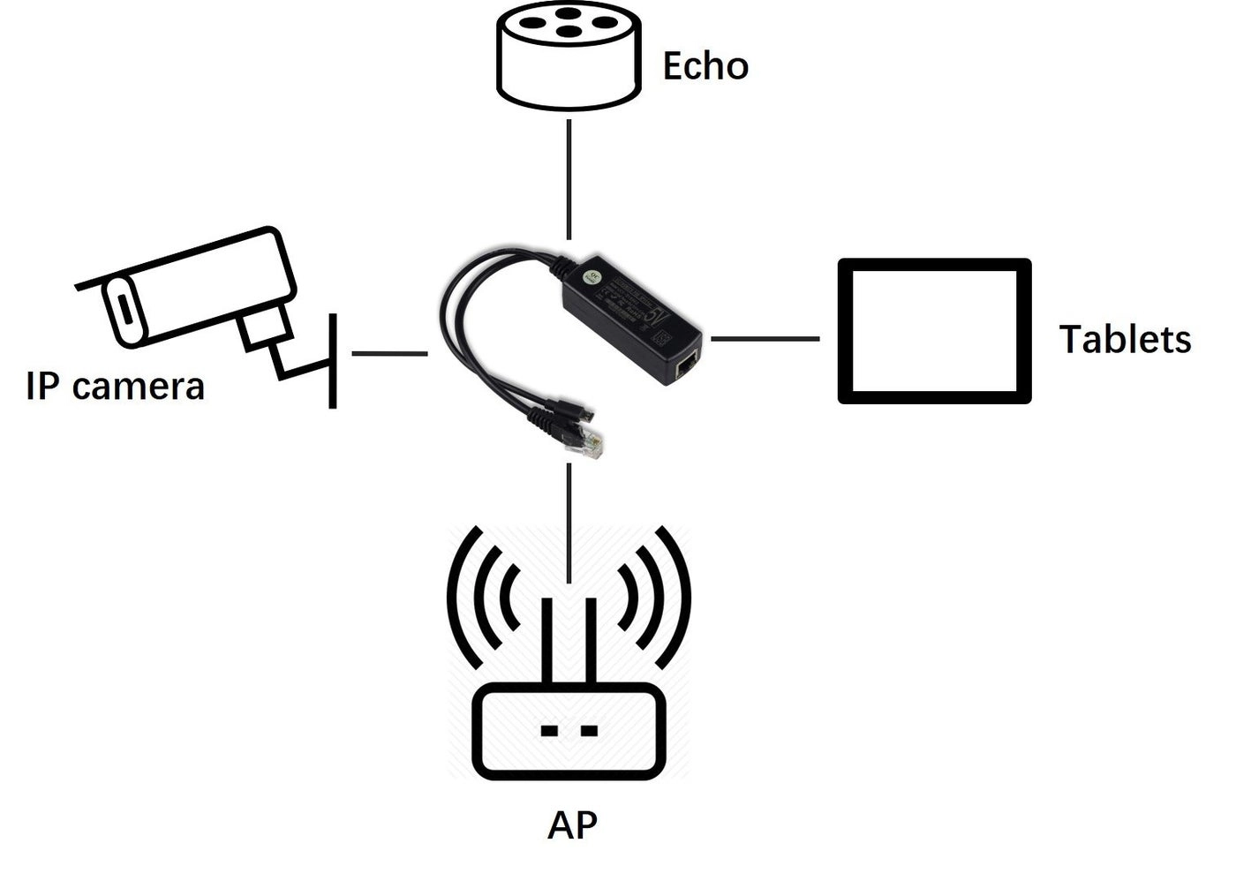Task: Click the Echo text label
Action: pyautogui.click(x=705, y=66)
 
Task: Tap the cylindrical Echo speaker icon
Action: pyautogui.click(x=567, y=55)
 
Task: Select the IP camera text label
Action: pyautogui.click(x=115, y=386)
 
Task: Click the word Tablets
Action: pyautogui.click(x=1125, y=339)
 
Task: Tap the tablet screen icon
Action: pyautogui.click(x=934, y=331)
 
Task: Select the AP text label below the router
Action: pyautogui.click(x=572, y=825)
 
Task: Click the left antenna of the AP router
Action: pyautogui.click(x=547, y=641)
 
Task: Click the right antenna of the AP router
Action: pyautogui.click(x=591, y=641)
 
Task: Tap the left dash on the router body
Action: pyautogui.click(x=548, y=731)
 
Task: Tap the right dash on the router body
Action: pyautogui.click(x=589, y=731)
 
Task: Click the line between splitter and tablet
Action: pyautogui.click(x=765, y=338)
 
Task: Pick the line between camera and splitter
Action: pyautogui.click(x=388, y=353)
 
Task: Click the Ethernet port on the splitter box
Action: pyautogui.click(x=685, y=366)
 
